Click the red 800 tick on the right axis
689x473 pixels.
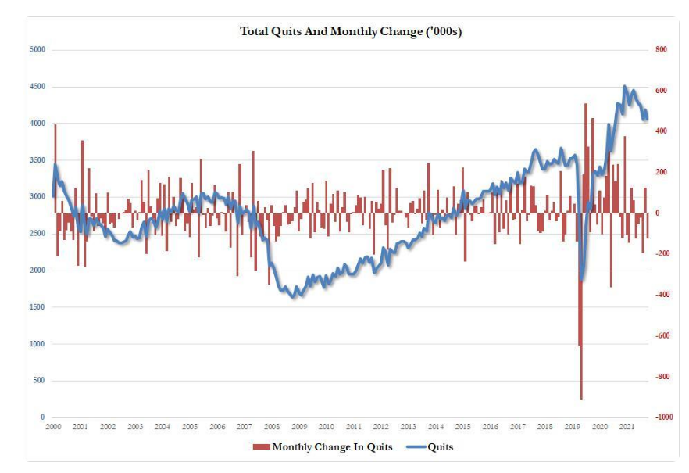[x=659, y=49]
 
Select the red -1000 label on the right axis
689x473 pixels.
[x=662, y=417]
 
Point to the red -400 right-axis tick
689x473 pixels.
[x=661, y=295]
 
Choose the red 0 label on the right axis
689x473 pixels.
[x=655, y=213]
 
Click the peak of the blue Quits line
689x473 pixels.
[x=624, y=87]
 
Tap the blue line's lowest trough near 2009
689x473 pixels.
[x=294, y=296]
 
